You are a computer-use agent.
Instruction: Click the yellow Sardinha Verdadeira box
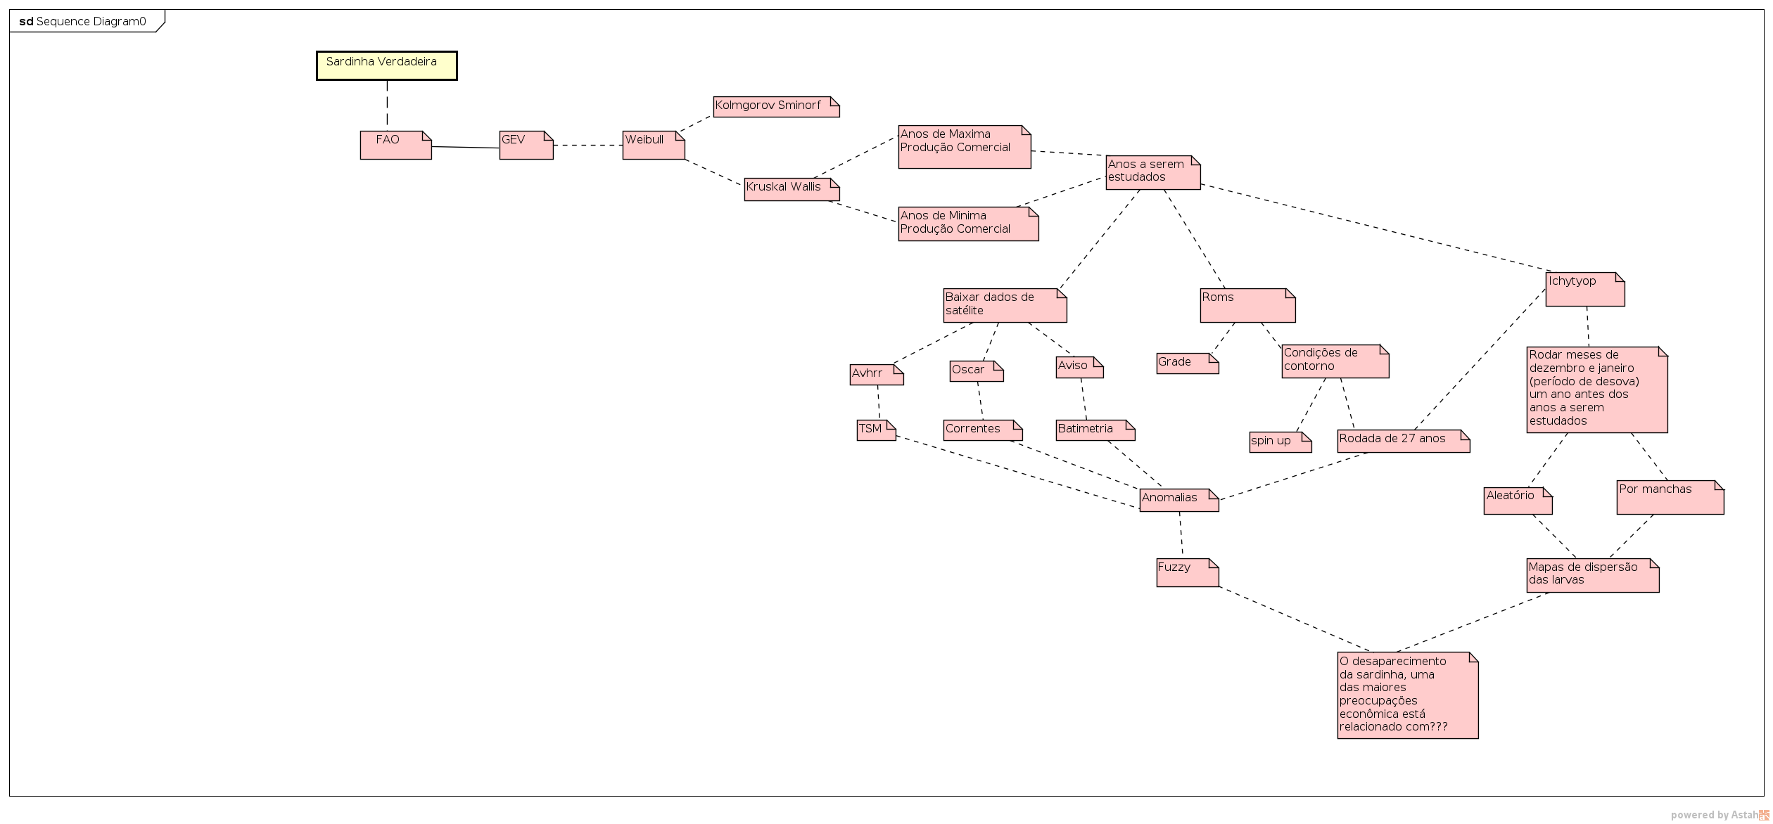click(386, 65)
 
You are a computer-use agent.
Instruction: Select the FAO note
click(395, 145)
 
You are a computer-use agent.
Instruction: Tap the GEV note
click(526, 145)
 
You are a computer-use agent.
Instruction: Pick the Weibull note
click(653, 145)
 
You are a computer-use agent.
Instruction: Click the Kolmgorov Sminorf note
click(775, 106)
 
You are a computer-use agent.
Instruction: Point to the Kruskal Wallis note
click(792, 188)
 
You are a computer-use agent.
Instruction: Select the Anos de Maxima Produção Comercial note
click(964, 146)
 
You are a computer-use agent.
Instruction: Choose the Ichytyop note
click(1584, 289)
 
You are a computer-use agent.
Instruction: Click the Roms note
click(1247, 305)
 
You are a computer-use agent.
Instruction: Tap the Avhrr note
click(876, 374)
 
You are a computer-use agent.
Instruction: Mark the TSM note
click(876, 430)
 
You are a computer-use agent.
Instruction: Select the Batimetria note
click(1095, 430)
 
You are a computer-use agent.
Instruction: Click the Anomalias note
click(1178, 499)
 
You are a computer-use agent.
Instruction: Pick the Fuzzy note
click(1187, 572)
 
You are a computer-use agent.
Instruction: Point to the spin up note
click(1280, 442)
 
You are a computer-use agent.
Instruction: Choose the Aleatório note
click(1518, 500)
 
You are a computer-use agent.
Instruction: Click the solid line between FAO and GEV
click(465, 147)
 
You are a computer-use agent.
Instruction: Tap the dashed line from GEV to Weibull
click(587, 145)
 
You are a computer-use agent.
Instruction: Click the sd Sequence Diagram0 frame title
click(83, 21)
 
